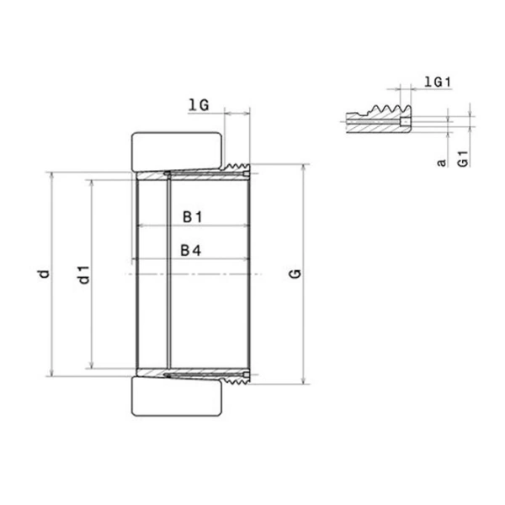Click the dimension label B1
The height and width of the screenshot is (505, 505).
pos(193,217)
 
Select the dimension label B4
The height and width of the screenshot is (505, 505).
pos(193,249)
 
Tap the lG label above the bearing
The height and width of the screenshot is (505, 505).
pos(199,104)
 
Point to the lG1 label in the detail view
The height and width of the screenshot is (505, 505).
pos(438,81)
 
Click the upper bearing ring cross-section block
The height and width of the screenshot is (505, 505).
pos(177,151)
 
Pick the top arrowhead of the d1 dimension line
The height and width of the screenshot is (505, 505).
pos(91,181)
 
